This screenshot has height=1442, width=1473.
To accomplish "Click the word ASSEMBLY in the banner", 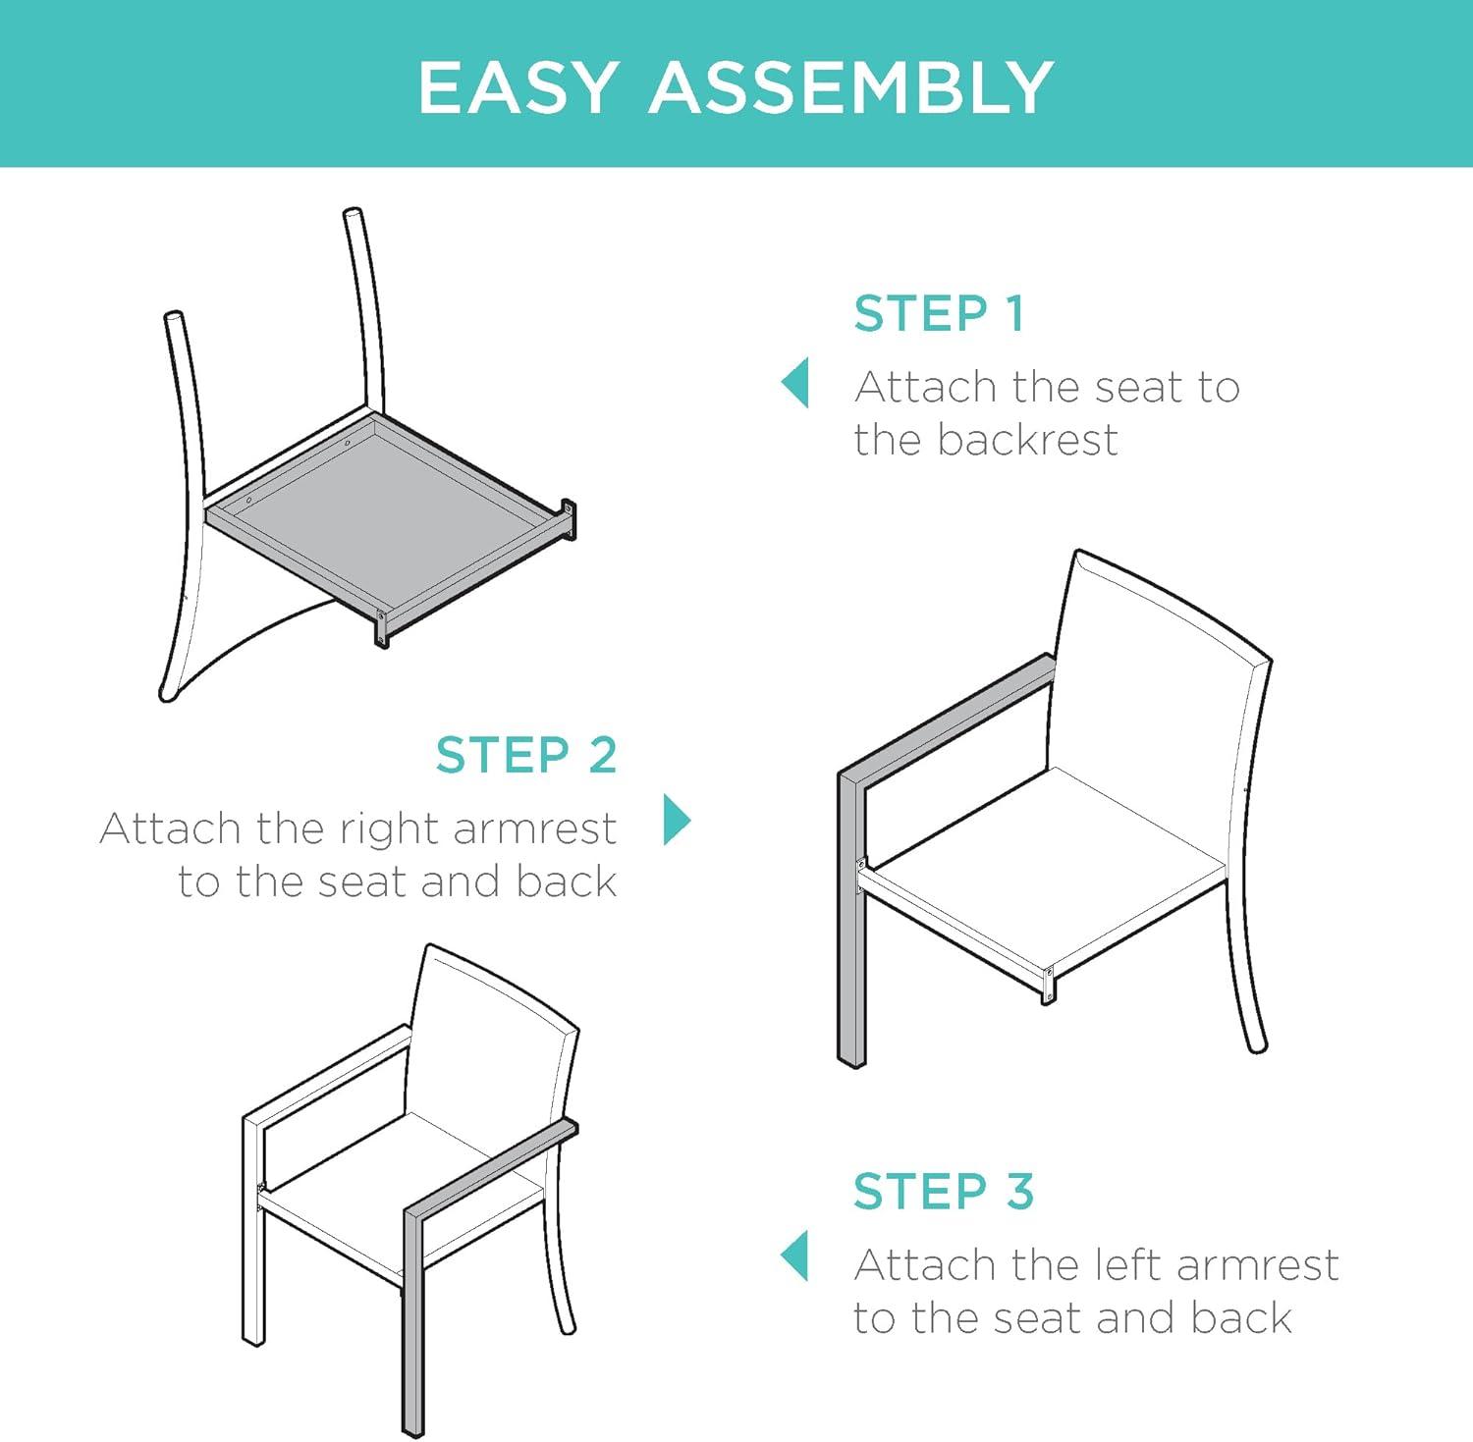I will (850, 87).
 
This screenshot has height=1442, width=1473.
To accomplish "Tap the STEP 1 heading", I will (939, 314).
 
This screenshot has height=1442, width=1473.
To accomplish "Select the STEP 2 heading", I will (526, 756).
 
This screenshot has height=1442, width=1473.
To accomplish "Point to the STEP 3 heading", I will (944, 1192).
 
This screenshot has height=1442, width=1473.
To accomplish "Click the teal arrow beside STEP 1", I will (796, 383).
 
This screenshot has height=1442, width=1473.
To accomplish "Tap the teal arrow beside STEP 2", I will (677, 819).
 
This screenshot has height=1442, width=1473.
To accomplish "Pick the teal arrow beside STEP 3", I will (796, 1256).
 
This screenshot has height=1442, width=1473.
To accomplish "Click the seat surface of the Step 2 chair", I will (1051, 864).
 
